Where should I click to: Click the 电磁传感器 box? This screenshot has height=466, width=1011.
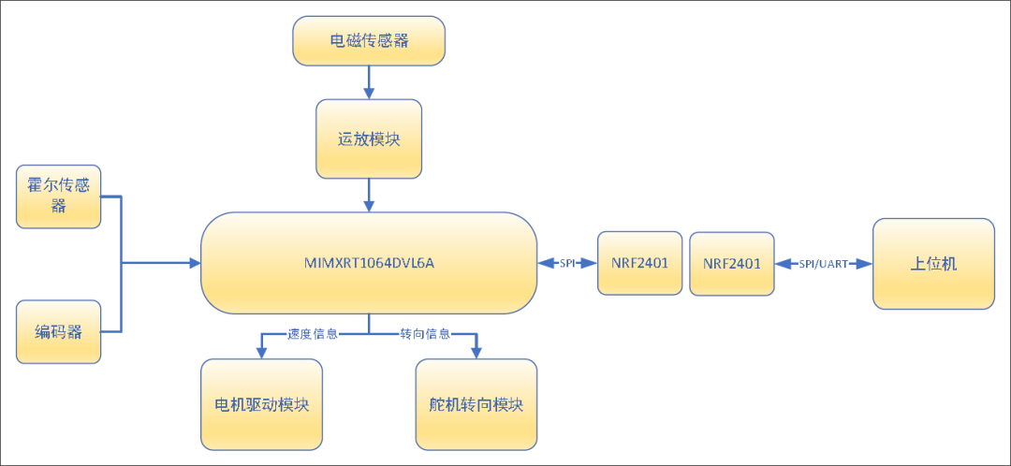coord(368,41)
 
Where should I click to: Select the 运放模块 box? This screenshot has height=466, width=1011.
coord(368,138)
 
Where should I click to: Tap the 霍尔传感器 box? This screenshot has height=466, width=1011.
coord(58,197)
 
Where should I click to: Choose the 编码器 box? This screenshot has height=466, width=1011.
coord(58,332)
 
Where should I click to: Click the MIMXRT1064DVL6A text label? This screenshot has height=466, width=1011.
coord(369,264)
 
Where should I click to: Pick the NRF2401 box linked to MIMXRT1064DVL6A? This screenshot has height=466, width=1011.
coord(639,263)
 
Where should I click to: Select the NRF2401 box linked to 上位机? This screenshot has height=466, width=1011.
coord(731,263)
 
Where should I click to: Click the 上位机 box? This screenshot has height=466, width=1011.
coord(932,264)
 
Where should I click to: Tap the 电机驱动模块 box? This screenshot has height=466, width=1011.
coord(261,404)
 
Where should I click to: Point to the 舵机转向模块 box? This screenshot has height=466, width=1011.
coord(476,404)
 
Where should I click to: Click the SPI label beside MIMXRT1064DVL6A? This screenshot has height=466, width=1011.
coord(567,264)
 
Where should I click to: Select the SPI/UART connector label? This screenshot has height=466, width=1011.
coord(824,264)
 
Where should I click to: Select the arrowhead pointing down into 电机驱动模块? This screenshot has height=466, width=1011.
coord(260,353)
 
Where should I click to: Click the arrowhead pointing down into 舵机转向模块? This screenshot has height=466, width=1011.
coord(476,353)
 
